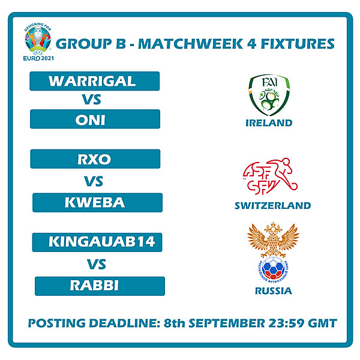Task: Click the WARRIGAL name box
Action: coord(94,81)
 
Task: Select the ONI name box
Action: coord(95,119)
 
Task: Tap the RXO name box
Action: coord(95,159)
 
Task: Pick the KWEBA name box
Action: coord(97,203)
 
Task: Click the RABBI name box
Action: coord(100,286)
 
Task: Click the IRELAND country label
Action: coord(268,123)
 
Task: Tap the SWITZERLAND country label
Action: coord(272,205)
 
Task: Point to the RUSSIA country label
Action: coord(272,291)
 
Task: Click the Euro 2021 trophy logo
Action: coord(38,39)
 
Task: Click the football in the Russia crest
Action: coord(273,269)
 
